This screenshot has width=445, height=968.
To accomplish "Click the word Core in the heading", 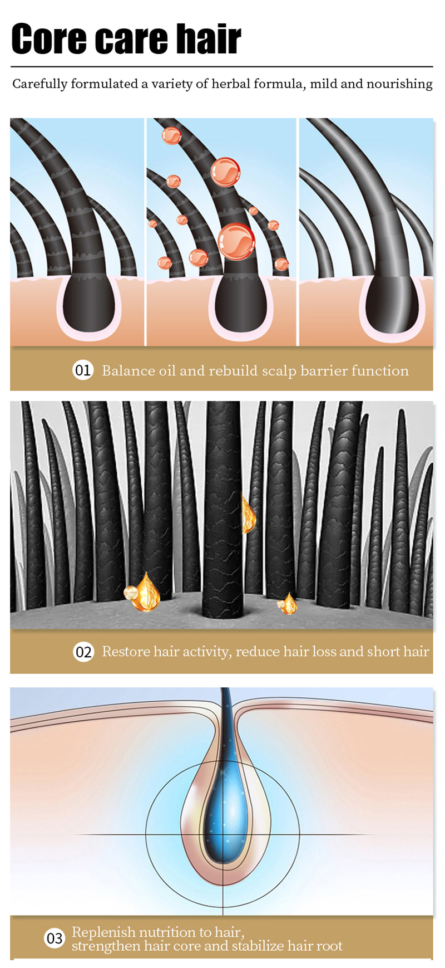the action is coord(49,39).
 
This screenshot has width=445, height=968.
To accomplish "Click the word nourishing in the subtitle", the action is coord(399,84).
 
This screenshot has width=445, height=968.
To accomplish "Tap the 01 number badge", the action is coord(83,370).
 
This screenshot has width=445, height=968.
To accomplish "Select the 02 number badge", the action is coord(83,652).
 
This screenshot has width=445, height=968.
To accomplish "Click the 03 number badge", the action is coord(55,938).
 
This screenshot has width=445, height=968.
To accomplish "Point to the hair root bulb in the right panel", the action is coord(392,304).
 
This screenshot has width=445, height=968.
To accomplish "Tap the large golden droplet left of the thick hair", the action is coord(147,593).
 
